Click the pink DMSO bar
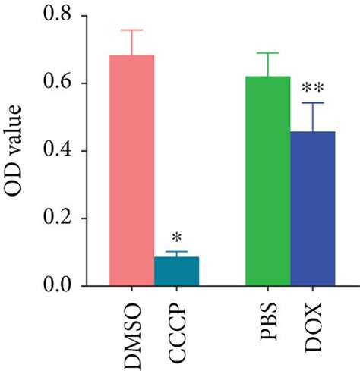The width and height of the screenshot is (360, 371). coord(132,171)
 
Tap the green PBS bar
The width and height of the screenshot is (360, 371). coord(267,181)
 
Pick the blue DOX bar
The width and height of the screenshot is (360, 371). coord(312,209)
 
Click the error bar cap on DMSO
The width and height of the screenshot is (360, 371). coord(132,30)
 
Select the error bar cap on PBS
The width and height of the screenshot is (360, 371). coord(267,52)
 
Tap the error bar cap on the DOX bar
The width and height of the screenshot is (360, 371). coord(312,103)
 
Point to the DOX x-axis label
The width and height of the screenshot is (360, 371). coord(312,324)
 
